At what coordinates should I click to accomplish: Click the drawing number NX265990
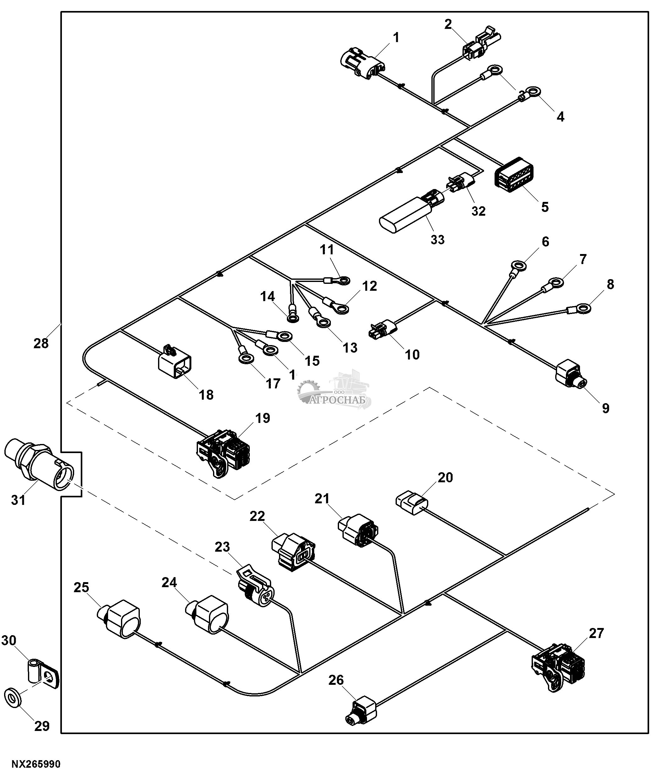click(x=36, y=764)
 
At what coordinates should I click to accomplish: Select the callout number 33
click(x=437, y=240)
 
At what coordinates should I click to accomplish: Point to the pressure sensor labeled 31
click(x=38, y=465)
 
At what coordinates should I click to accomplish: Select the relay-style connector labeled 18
click(x=174, y=364)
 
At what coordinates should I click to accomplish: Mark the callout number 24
click(x=169, y=582)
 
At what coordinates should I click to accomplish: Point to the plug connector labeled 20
click(x=412, y=502)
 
